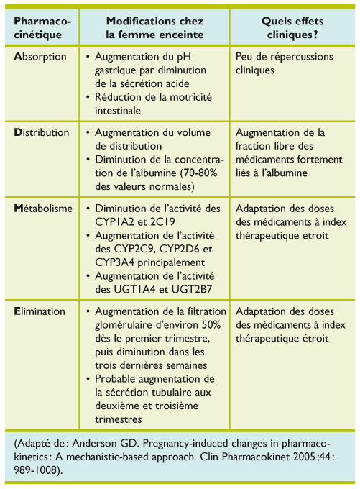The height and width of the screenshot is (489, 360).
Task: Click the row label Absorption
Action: (x=40, y=57)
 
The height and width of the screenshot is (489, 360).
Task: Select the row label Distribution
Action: (x=42, y=132)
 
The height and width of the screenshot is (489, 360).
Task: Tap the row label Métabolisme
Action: (x=43, y=209)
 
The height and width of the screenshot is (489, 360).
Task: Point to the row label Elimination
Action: (x=40, y=311)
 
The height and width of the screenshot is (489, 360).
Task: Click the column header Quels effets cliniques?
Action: (x=292, y=28)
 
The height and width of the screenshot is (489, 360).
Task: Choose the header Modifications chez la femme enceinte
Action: (x=154, y=28)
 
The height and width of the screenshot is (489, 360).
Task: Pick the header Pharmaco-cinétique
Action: (x=42, y=28)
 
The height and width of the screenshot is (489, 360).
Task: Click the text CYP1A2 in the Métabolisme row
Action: (x=115, y=221)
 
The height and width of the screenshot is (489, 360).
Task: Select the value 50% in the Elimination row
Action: (x=211, y=324)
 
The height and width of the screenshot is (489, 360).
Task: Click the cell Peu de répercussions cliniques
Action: (x=285, y=63)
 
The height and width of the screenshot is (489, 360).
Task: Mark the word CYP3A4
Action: (x=115, y=262)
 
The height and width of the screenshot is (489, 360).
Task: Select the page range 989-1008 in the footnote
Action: (x=36, y=470)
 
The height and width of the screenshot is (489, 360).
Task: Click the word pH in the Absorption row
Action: (x=183, y=57)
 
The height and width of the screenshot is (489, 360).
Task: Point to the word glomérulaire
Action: (x=126, y=324)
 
